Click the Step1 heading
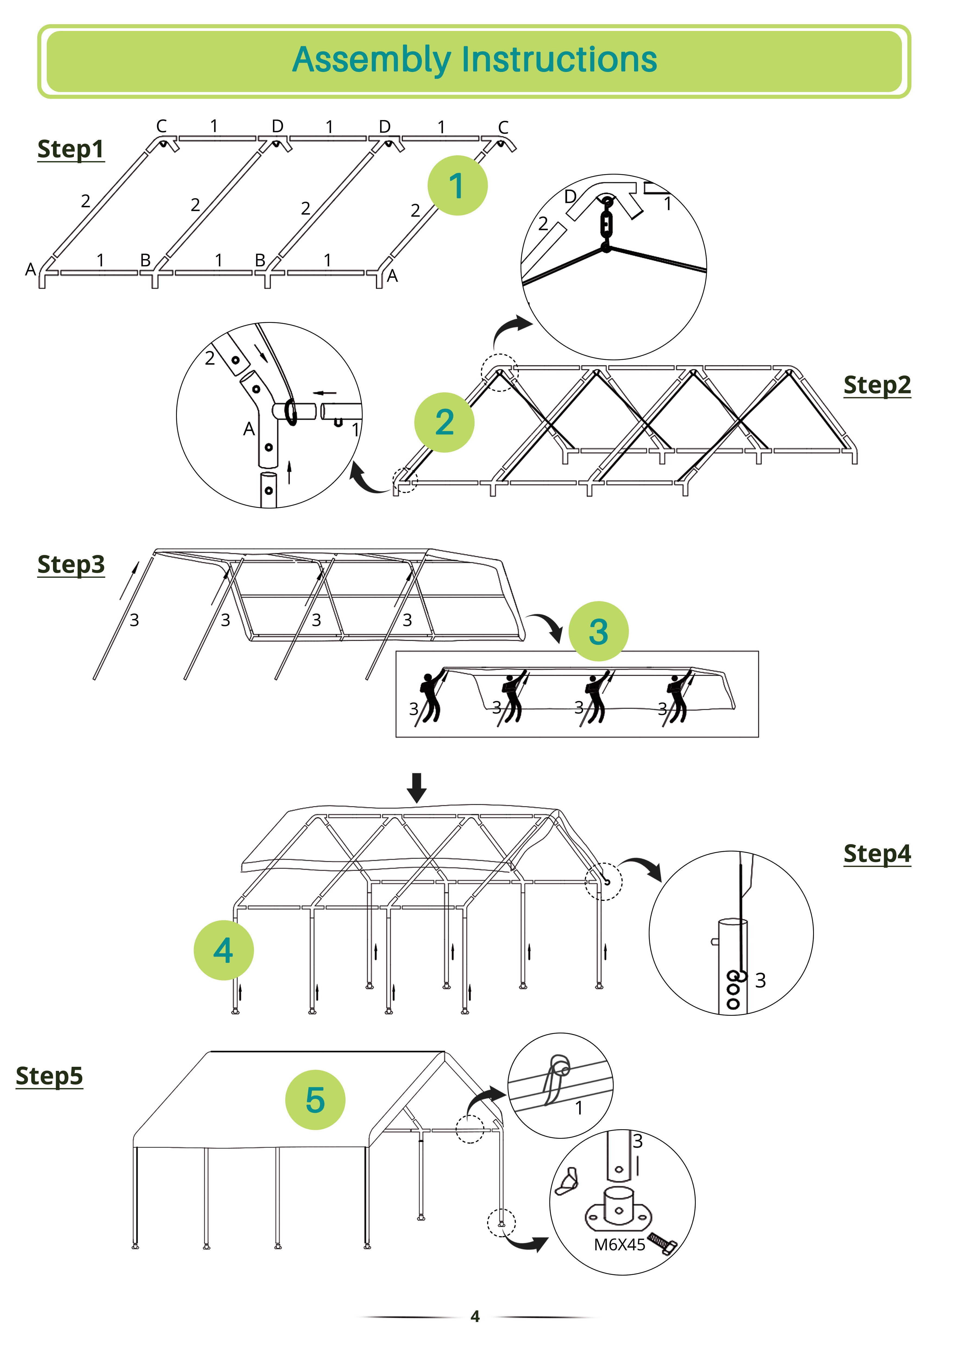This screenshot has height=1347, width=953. click(x=70, y=149)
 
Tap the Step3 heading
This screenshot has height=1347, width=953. click(x=70, y=564)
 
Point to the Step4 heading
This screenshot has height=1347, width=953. click(x=877, y=854)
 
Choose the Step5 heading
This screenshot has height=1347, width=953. click(x=49, y=1076)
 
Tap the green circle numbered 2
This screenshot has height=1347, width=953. click(x=444, y=422)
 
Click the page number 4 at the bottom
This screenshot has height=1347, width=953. click(x=475, y=1317)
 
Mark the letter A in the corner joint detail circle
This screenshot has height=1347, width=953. click(x=249, y=429)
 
